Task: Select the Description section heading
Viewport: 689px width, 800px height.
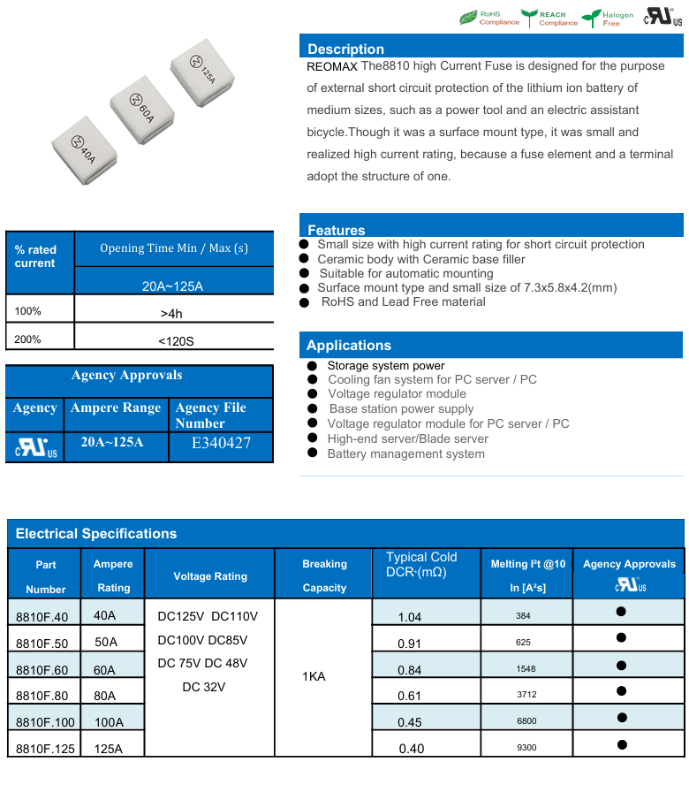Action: [345, 50]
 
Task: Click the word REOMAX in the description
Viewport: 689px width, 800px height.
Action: [331, 66]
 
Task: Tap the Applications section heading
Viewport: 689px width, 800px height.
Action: [348, 346]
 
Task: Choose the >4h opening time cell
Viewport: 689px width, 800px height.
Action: [172, 313]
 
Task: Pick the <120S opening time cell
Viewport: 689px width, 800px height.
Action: [172, 339]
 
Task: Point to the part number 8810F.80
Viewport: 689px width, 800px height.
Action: [42, 696]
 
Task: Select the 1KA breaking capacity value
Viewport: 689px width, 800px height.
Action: [314, 676]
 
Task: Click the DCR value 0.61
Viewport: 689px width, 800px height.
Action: [410, 696]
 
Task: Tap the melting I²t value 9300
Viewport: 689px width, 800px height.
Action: [526, 748]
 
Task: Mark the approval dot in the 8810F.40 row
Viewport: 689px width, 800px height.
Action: [621, 612]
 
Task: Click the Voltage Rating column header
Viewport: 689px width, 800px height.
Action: [210, 575]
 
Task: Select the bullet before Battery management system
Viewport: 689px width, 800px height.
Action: [312, 453]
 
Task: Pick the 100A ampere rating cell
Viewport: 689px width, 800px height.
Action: [109, 722]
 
